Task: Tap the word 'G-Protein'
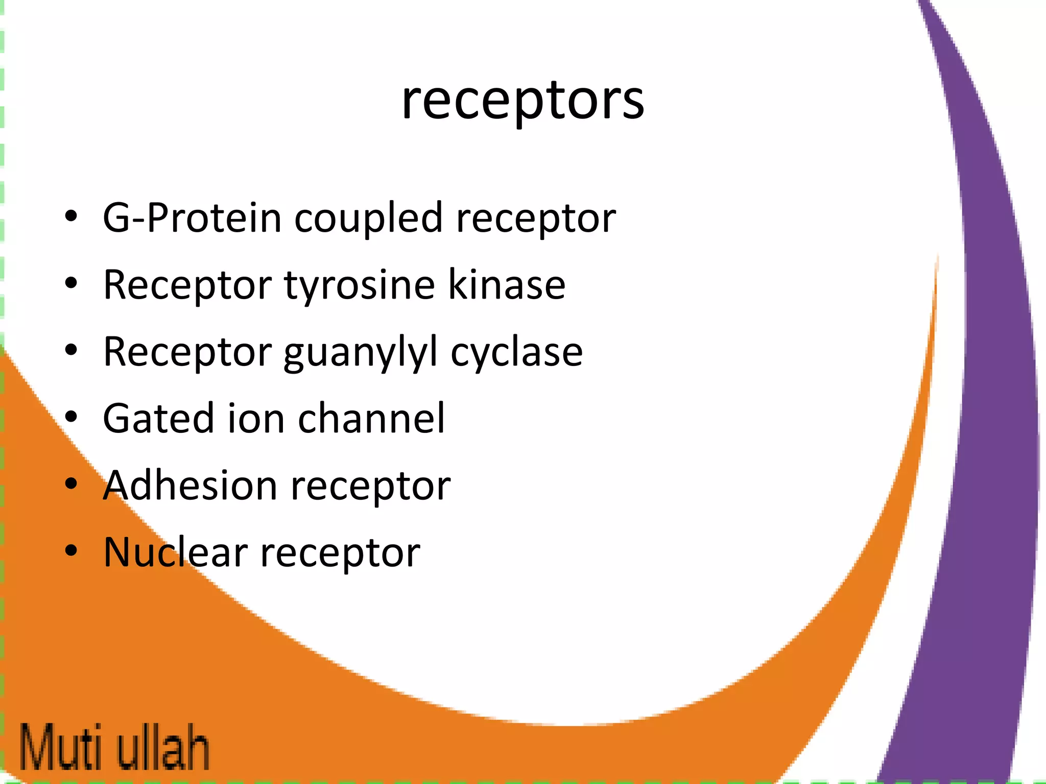coord(192,218)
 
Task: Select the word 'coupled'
coord(368,218)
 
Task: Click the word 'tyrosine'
coord(359,285)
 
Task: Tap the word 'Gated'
coord(158,419)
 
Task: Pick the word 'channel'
coord(371,419)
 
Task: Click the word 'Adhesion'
coord(190,485)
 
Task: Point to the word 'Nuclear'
coord(175,552)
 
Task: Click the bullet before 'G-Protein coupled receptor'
coord(71,216)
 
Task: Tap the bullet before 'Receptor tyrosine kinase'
coord(71,283)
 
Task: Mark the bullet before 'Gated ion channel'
coord(71,417)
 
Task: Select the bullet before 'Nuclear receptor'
coord(71,551)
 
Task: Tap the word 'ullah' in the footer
coord(163,747)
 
